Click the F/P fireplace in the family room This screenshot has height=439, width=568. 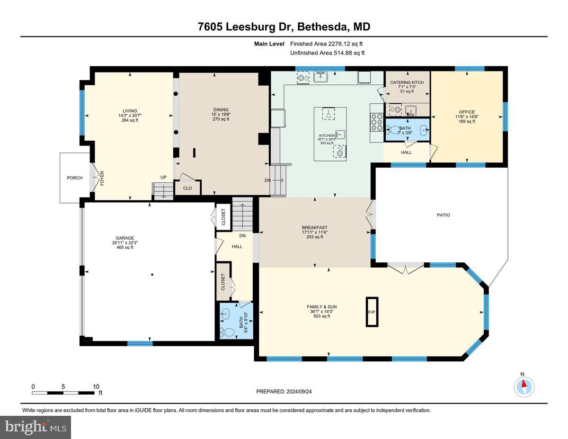(x=372, y=312)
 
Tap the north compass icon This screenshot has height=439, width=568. (x=524, y=386)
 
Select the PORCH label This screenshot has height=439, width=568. (x=75, y=178)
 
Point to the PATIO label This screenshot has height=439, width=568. (x=443, y=215)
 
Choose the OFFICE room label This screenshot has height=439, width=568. (x=466, y=112)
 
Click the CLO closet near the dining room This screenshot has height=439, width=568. (x=187, y=188)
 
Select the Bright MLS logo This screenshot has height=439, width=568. (x=36, y=427)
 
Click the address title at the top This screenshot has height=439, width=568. (x=284, y=27)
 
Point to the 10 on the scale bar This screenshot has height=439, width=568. (x=96, y=387)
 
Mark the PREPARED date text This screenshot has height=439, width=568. (x=284, y=392)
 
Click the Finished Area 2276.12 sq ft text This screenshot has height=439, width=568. (x=327, y=44)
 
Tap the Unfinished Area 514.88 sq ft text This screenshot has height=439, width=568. (x=327, y=53)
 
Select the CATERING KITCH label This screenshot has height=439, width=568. (x=407, y=82)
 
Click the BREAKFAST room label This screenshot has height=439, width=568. (x=315, y=227)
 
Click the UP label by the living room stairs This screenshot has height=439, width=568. (x=163, y=177)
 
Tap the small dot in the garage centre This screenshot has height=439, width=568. (x=152, y=275)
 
